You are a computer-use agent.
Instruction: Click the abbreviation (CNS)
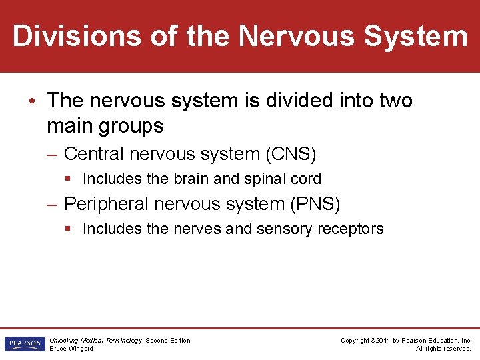pos(291,154)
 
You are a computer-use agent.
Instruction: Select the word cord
pos(307,179)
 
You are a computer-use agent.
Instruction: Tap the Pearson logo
pos(24,344)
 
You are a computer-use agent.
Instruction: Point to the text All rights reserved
pos(443,349)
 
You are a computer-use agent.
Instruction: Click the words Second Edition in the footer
pos(168,341)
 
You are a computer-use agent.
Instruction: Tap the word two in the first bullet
pos(396,101)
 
